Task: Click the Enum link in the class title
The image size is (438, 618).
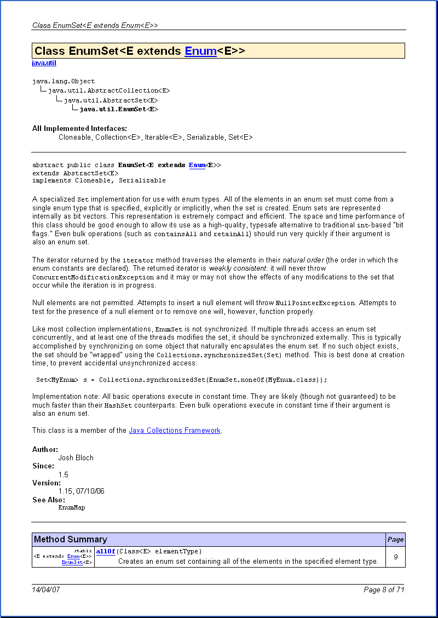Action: click(x=200, y=51)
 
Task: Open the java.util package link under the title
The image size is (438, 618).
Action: click(x=44, y=63)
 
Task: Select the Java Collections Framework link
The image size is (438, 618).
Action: click(x=175, y=431)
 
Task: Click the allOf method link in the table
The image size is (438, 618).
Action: click(x=105, y=551)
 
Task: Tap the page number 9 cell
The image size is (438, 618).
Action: click(x=395, y=557)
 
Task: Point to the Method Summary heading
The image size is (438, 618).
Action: click(x=71, y=540)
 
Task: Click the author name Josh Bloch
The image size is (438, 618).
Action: click(x=76, y=457)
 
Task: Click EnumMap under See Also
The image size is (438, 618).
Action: click(x=72, y=508)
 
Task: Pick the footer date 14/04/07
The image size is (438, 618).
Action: click(x=47, y=590)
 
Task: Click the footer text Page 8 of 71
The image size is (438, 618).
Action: click(x=384, y=590)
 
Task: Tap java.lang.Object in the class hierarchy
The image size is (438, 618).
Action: click(x=64, y=81)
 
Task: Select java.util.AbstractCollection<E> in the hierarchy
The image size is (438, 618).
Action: click(x=108, y=90)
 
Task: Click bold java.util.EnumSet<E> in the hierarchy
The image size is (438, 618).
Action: click(x=119, y=110)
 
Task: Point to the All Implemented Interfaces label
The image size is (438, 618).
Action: click(x=79, y=129)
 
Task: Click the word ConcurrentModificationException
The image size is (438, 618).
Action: click(x=93, y=277)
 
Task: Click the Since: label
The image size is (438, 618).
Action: click(x=43, y=466)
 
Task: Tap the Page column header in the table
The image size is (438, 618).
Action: click(x=395, y=540)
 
